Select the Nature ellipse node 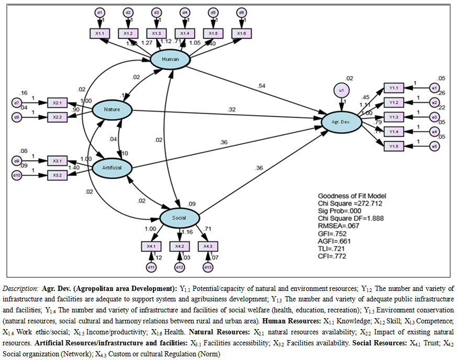point(112,110)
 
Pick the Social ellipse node point(179,217)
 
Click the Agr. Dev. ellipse point(343,122)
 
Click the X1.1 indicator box point(101,33)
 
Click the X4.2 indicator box point(180,246)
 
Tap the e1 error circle point(434,87)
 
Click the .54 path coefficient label point(261,85)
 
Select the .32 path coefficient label point(231,109)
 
